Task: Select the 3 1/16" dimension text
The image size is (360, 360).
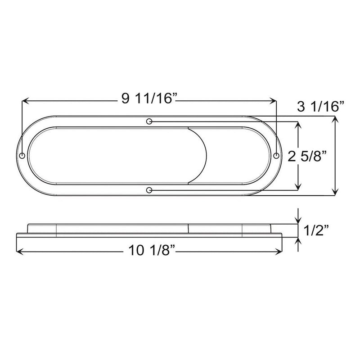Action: (320, 106)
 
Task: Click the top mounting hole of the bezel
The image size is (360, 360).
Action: (149, 121)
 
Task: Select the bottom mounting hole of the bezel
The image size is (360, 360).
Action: (149, 190)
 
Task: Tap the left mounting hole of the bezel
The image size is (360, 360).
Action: (22, 155)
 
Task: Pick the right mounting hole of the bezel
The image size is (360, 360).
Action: (276, 155)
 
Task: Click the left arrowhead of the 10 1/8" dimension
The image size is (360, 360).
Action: (19, 251)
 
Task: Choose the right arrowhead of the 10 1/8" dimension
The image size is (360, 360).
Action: (279, 251)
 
